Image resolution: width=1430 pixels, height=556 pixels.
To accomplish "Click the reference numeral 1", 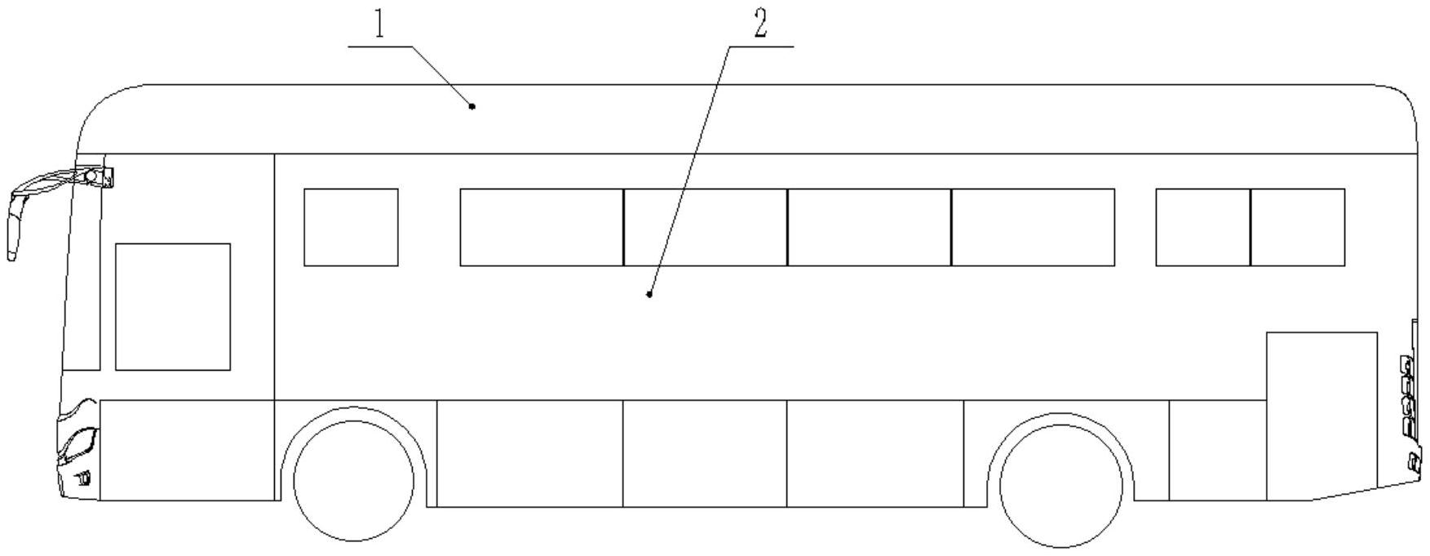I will pos(379,25).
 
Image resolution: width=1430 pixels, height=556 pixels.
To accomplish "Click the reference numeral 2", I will pos(760,24).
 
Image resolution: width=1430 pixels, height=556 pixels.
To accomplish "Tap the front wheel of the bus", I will pos(354,481).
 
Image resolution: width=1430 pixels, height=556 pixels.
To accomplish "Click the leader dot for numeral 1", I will pos(472,106).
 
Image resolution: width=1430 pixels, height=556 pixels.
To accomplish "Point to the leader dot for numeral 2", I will pos(649,294).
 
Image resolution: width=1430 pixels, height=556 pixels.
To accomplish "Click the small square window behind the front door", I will pos(351,227).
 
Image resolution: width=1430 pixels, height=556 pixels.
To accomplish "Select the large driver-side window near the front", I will pos(173,306).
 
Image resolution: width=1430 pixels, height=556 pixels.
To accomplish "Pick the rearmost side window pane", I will pos(1297,227).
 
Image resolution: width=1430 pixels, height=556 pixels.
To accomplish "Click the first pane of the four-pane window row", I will pos(542,227).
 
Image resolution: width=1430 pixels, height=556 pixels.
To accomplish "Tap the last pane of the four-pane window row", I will pos(1033,227).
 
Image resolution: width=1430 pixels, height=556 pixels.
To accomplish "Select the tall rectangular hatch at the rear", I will pos(1322,416).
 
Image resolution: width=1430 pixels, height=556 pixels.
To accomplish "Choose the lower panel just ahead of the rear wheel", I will pos(874,453).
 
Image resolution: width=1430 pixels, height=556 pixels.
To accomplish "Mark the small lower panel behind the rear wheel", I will pos(1217,451).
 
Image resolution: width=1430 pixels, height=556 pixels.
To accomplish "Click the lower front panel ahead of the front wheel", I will pos(186,450).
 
